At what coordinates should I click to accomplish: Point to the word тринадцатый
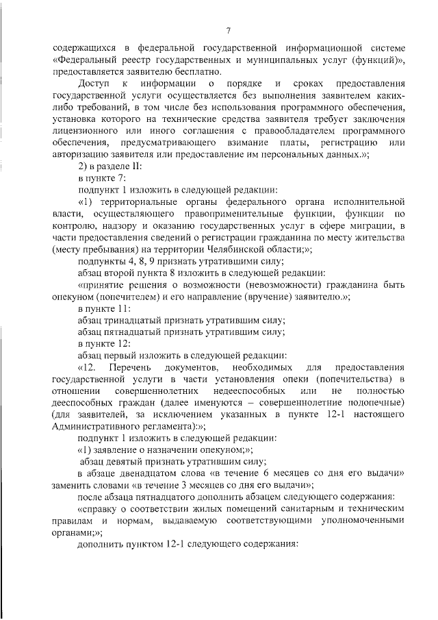click(x=135, y=320)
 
